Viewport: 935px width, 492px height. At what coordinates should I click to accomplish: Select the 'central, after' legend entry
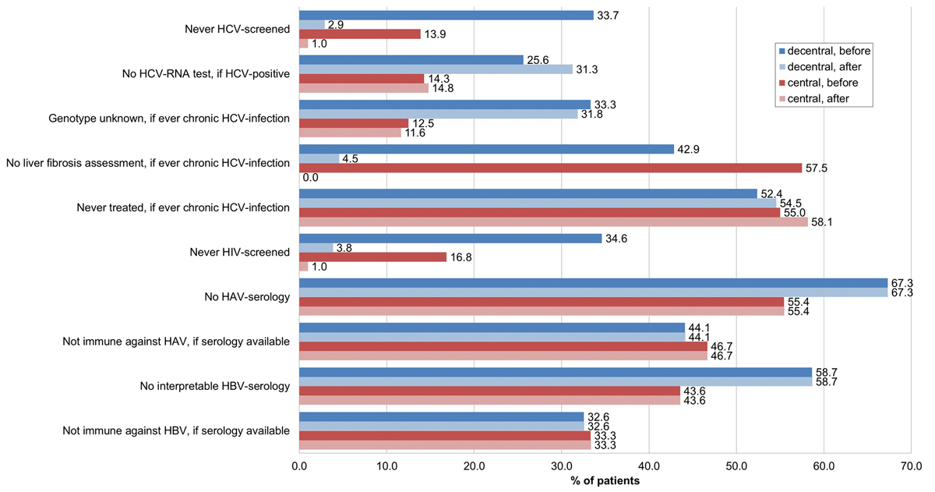point(822,98)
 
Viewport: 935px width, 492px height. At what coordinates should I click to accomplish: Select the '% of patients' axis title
point(605,481)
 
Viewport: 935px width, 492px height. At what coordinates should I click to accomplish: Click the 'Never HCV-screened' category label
point(238,30)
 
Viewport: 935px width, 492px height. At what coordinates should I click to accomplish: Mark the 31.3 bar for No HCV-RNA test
point(436,69)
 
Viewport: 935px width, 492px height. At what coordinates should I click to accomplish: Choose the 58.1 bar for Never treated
point(553,222)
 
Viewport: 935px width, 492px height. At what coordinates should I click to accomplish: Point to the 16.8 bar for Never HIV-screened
point(372,257)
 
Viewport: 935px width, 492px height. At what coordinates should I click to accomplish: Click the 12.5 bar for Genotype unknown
point(354,123)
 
